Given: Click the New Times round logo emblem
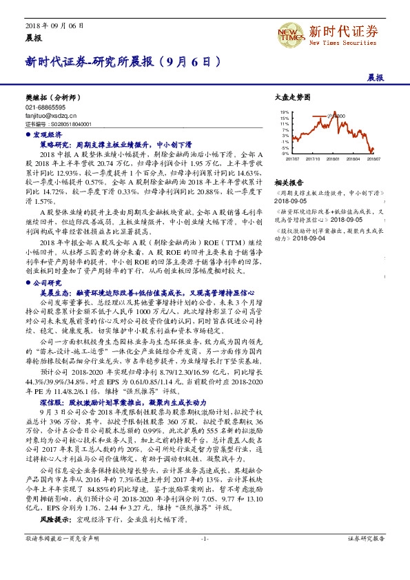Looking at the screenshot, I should coord(291,33).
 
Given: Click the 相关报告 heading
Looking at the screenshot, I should coord(289,183).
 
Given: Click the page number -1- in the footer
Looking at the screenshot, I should coord(205,558).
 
